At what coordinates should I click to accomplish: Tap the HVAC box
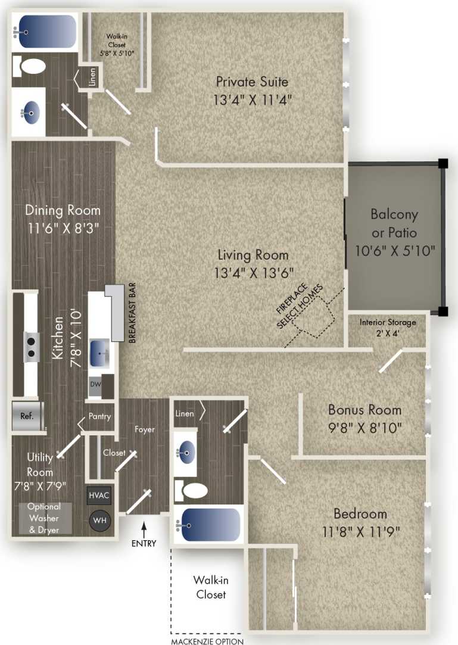pyautogui.click(x=99, y=495)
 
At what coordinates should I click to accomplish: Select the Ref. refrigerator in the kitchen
pyautogui.click(x=27, y=416)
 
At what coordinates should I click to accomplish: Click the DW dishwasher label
pyautogui.click(x=95, y=384)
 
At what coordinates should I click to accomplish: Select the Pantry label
pyautogui.click(x=99, y=416)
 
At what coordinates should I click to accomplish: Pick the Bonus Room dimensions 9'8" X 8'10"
pyautogui.click(x=364, y=427)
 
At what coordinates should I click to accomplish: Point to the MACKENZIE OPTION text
pyautogui.click(x=207, y=641)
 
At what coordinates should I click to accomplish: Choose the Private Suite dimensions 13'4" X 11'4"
pyautogui.click(x=252, y=99)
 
